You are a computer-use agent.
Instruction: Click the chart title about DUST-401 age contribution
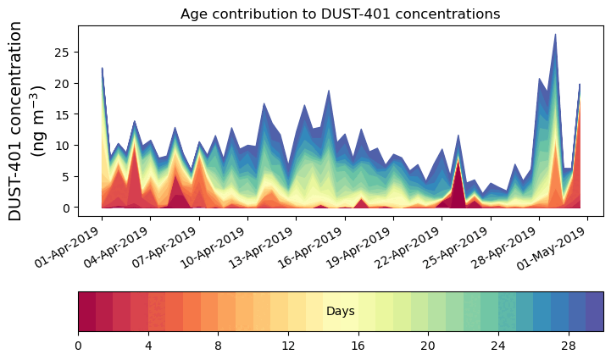pyautogui.click(x=340, y=14)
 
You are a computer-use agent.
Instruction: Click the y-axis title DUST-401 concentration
pyautogui.click(x=25, y=120)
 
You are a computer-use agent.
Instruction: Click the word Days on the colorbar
pyautogui.click(x=340, y=312)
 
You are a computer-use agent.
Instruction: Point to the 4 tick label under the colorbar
pyautogui.click(x=148, y=346)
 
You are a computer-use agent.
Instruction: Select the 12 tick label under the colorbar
pyautogui.click(x=288, y=346)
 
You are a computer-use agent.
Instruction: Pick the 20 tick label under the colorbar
pyautogui.click(x=428, y=346)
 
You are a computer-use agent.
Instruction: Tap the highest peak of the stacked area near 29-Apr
pyautogui.click(x=555, y=36)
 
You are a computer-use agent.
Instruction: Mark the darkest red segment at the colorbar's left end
pyautogui.click(x=86, y=312)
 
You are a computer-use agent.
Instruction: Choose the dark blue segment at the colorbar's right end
pyautogui.click(x=594, y=312)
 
